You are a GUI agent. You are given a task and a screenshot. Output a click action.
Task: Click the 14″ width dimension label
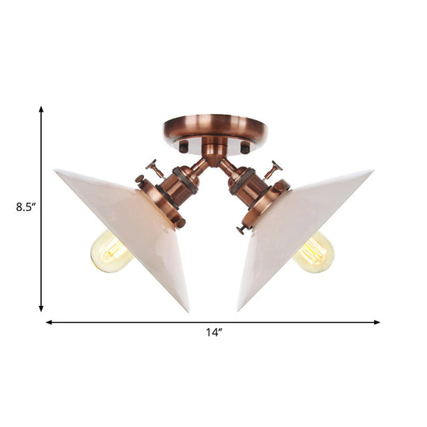pos(213,334)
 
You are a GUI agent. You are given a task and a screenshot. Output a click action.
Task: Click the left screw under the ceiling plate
pos(183,148)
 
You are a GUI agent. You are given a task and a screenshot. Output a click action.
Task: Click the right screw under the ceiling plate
pos(244,148)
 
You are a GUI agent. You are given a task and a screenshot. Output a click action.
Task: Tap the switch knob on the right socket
pos(274,168)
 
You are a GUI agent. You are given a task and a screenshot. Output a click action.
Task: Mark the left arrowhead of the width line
pos(48,323)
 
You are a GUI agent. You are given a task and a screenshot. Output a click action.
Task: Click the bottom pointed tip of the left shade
pos(187,309)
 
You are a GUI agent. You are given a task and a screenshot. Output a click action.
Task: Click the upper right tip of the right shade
pos(371,171)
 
